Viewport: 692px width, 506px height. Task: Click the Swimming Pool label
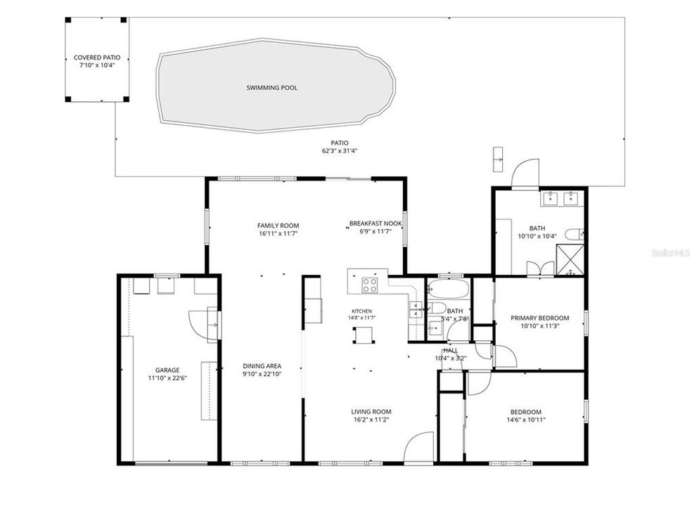[x=271, y=88]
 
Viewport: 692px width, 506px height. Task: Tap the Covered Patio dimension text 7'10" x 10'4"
[x=97, y=65]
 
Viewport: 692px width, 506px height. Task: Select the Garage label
[x=167, y=370]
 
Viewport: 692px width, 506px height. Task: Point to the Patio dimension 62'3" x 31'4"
[x=340, y=151]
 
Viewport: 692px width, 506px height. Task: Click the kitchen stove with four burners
[x=370, y=285]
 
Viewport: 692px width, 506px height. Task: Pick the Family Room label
[x=278, y=226]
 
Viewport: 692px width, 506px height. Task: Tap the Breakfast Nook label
[x=376, y=223]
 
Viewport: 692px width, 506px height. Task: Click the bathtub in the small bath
[x=447, y=288]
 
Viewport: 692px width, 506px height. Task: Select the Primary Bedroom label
[x=539, y=318]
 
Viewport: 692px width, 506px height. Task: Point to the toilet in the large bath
[x=575, y=234]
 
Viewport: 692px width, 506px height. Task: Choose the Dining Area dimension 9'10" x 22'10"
[x=262, y=374]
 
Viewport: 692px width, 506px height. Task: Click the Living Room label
[x=371, y=412]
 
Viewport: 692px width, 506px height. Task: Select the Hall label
[x=451, y=350]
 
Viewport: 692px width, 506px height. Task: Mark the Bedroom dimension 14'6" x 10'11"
[x=526, y=420]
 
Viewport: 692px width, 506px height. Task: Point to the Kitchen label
[x=361, y=311]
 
